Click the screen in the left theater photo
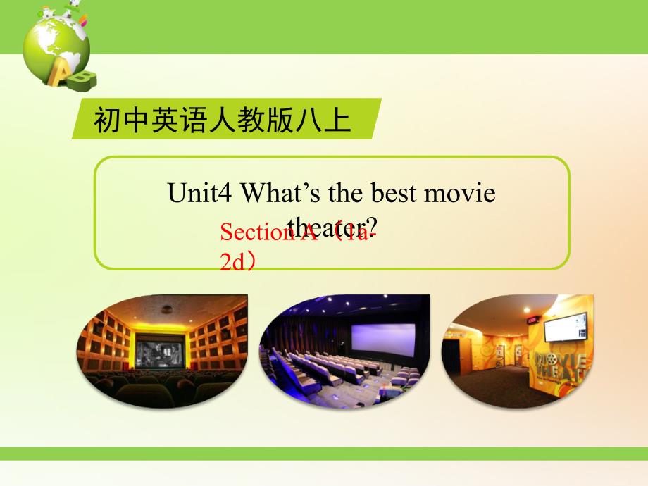(160, 351)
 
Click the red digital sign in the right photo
(532, 320)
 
